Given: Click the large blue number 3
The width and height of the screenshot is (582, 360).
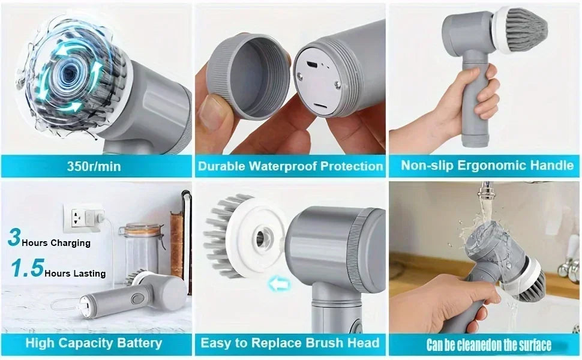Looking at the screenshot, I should click(x=14, y=237).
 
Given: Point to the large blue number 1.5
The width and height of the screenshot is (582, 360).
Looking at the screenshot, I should click(x=27, y=268).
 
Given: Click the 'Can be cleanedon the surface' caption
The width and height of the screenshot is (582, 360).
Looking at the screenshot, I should click(x=488, y=345).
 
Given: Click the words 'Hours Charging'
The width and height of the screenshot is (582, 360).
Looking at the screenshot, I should click(x=56, y=243).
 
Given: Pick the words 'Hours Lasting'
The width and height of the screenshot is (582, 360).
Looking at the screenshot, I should click(x=75, y=274).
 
